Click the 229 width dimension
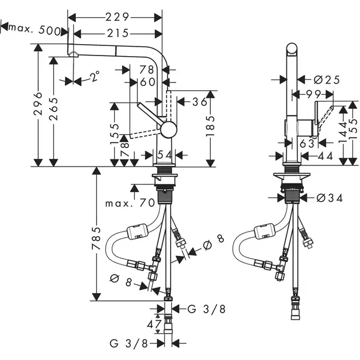tap(118, 17)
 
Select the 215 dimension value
tap(118, 33)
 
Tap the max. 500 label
tap(35, 29)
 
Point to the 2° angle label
tap(94, 76)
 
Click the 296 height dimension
tap(38, 103)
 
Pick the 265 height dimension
tap(53, 109)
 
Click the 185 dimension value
tap(210, 126)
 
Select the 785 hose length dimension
tap(97, 238)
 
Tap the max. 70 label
tap(130, 203)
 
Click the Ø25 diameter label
tap(327, 80)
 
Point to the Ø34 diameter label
tap(330, 198)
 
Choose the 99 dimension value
tap(314, 94)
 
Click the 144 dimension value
tap(343, 133)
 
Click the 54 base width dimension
tap(164, 155)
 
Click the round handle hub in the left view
tap(169, 130)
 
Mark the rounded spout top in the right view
tap(292, 49)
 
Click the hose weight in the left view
tap(137, 232)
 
